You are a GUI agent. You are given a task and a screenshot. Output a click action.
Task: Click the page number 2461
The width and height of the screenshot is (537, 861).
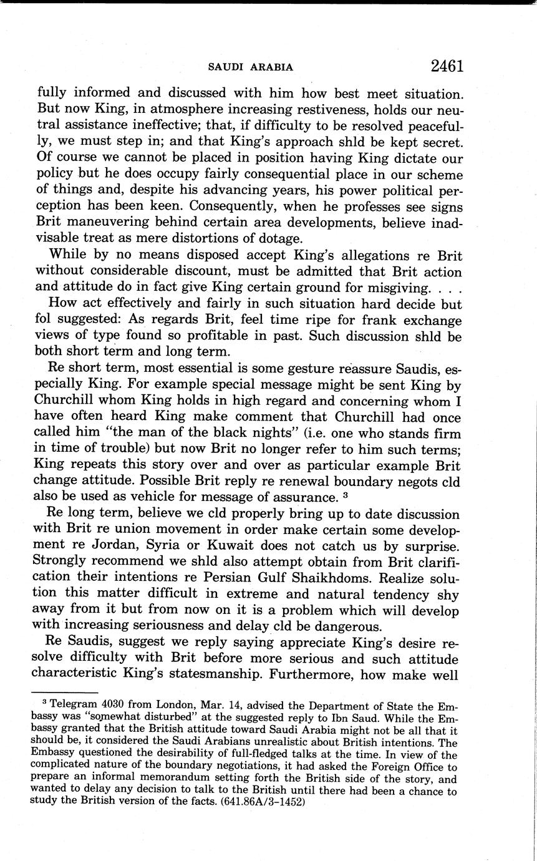click(446, 66)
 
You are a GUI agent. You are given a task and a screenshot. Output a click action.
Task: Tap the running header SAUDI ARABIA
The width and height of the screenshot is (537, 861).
click(251, 67)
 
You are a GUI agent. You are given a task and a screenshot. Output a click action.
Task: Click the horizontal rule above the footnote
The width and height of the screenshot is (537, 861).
click(67, 693)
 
